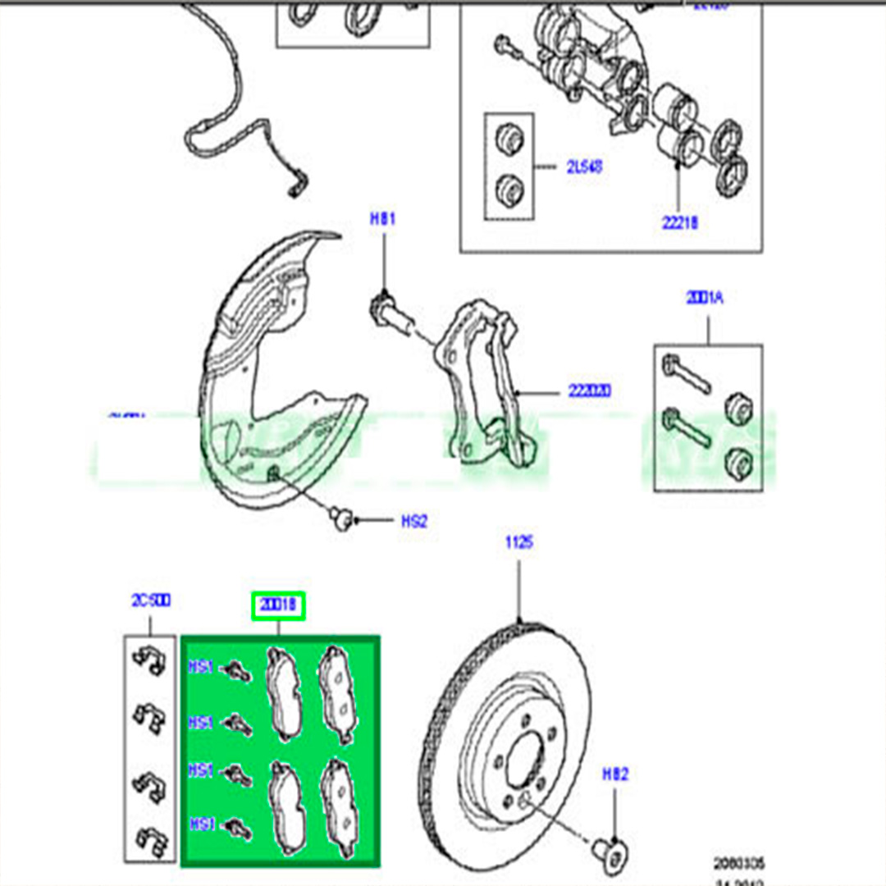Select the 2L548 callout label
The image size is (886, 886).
[584, 167]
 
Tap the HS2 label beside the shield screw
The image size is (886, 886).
[414, 520]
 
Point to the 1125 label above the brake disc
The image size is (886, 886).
[518, 542]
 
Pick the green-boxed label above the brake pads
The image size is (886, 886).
[278, 606]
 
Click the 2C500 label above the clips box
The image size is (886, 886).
[151, 601]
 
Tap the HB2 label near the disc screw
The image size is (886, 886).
[615, 774]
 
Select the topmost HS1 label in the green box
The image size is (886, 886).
[200, 667]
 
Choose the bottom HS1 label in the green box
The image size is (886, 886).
[200, 823]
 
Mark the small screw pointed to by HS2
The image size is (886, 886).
[342, 517]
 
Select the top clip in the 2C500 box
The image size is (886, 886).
[149, 659]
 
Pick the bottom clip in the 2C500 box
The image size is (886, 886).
[149, 838]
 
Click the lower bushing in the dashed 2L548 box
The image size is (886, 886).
[509, 190]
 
